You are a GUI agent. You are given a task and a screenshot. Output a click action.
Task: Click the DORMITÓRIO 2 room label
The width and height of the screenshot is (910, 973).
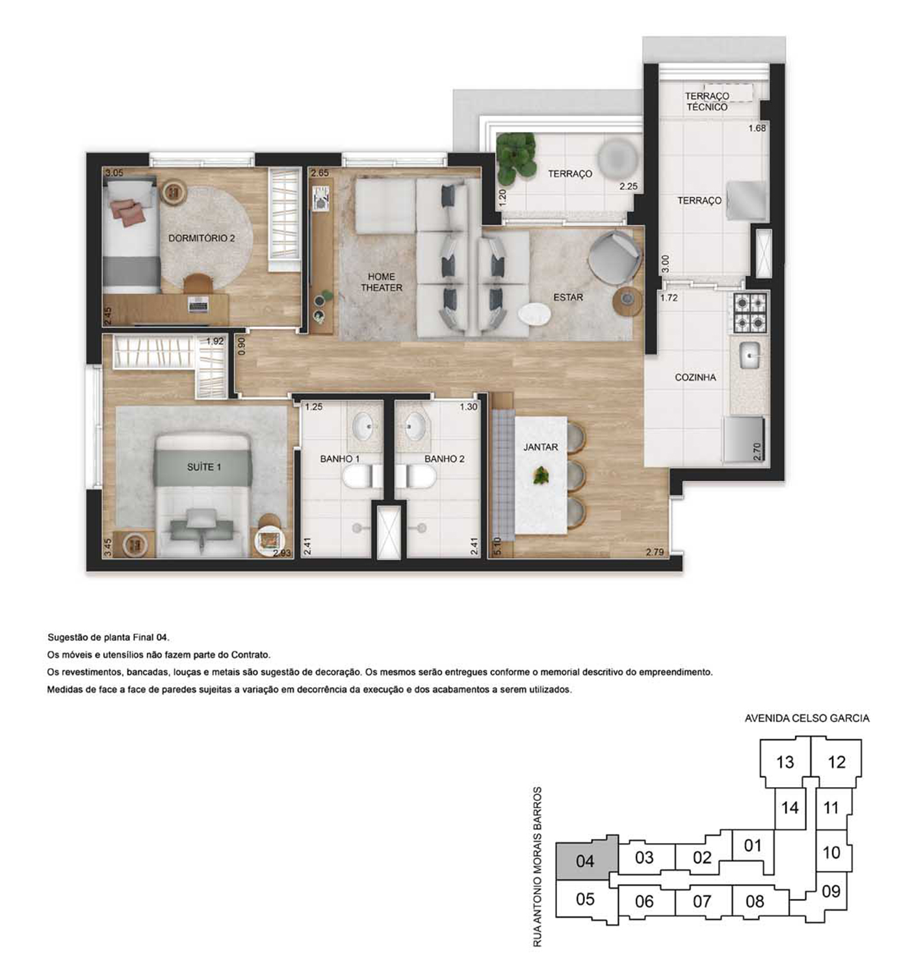(201, 238)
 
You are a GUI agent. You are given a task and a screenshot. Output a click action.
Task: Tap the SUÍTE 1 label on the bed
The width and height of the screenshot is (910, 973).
(204, 467)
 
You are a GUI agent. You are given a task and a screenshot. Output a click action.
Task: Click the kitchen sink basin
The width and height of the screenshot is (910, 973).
(749, 355)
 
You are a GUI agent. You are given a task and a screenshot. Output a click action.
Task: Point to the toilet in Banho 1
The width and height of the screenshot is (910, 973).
(362, 476)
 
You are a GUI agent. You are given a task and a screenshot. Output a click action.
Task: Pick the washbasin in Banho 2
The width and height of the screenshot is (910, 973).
(415, 422)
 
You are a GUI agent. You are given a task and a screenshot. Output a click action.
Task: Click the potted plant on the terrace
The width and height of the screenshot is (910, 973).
(515, 155)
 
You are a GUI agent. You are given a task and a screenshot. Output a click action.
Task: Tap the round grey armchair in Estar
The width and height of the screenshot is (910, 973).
(614, 257)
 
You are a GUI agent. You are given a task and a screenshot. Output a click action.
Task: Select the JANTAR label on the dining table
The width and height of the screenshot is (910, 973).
(541, 447)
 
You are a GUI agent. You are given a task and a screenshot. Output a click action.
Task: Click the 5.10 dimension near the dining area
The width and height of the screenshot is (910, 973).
(497, 546)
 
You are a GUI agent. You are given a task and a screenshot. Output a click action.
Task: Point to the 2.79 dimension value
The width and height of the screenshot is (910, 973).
(655, 552)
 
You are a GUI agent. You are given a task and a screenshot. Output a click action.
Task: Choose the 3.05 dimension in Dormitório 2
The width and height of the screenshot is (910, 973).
(114, 172)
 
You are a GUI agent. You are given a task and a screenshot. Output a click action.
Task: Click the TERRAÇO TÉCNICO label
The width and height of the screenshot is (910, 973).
(707, 101)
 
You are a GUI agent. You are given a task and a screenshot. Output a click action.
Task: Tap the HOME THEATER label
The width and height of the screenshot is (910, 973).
(382, 282)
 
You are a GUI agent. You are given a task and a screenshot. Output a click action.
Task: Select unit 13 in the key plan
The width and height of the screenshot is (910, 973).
(785, 762)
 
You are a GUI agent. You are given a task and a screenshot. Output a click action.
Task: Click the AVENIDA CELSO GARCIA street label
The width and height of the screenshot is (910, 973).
(807, 718)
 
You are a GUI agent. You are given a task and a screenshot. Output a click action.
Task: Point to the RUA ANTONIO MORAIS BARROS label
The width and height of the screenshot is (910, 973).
(538, 866)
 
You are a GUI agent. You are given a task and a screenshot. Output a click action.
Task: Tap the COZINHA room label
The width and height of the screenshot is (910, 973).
(695, 377)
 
